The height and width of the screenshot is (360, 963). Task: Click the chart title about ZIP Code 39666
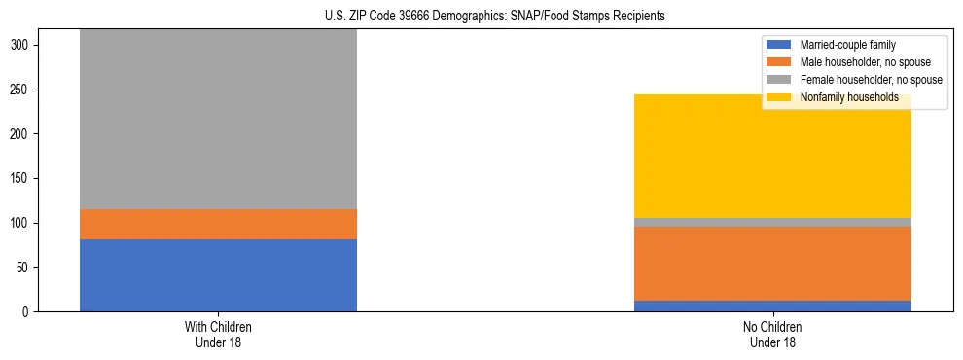point(481,16)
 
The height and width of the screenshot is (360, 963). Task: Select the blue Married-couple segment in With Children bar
point(218,275)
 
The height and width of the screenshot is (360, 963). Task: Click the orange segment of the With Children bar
point(218,224)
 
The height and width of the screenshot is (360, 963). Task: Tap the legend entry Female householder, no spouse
point(866,80)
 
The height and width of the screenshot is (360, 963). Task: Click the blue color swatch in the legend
point(779,45)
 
